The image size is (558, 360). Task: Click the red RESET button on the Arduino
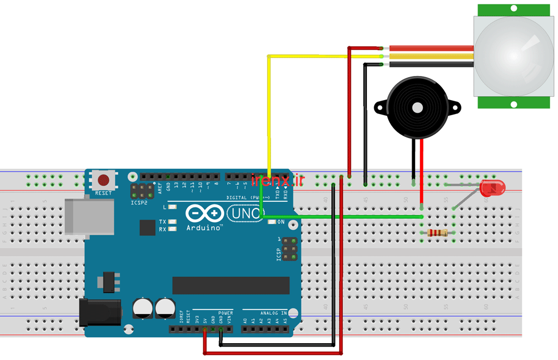(x=103, y=181)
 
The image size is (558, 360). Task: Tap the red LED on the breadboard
(x=492, y=188)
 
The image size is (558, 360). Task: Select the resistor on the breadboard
(x=437, y=233)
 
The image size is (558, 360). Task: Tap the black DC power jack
(x=101, y=311)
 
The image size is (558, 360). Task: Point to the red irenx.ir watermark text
(x=278, y=180)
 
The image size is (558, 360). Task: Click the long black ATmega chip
(x=231, y=285)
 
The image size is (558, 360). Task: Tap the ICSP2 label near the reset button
(x=139, y=202)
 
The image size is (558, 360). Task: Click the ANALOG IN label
(x=273, y=312)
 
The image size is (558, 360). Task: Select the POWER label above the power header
(x=226, y=312)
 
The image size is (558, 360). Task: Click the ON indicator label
(x=281, y=222)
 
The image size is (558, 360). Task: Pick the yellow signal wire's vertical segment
(x=269, y=112)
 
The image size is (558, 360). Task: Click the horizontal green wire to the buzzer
(x=346, y=216)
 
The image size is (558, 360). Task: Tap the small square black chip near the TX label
(x=147, y=228)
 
